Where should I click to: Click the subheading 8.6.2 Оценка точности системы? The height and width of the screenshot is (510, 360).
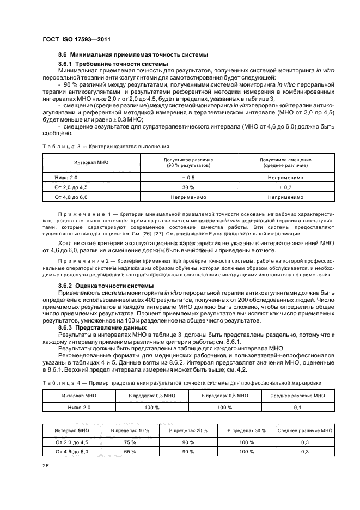point(106,286)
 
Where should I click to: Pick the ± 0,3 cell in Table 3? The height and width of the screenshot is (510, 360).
point(285,187)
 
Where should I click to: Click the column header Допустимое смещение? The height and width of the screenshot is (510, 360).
point(285,160)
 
